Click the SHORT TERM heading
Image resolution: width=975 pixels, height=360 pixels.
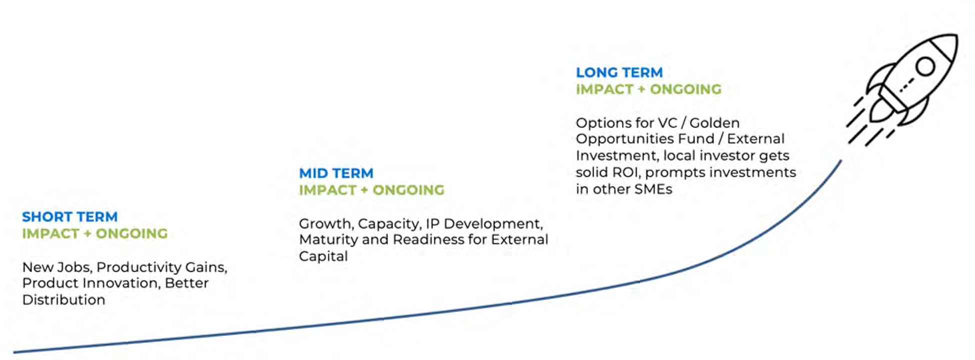(x=70, y=216)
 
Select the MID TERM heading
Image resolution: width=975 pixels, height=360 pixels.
(x=336, y=173)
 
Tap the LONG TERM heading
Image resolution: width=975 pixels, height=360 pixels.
(x=619, y=72)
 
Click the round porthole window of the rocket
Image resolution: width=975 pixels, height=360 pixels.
(x=925, y=66)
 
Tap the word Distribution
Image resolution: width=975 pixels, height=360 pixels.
(x=64, y=299)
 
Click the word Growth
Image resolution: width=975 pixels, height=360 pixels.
(x=327, y=223)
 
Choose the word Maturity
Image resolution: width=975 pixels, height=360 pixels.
(x=328, y=240)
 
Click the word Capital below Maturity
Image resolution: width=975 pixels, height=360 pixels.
(x=323, y=256)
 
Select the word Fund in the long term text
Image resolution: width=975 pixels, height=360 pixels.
(x=699, y=138)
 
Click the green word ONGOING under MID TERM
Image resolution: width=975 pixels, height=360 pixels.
(x=408, y=190)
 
